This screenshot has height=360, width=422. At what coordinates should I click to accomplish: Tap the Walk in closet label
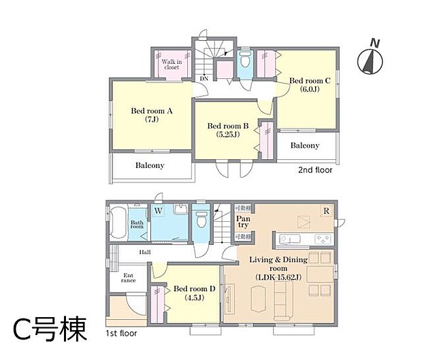[171, 65]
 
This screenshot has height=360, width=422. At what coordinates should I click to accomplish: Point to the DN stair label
[204, 78]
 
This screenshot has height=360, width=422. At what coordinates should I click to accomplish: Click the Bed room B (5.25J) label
[228, 130]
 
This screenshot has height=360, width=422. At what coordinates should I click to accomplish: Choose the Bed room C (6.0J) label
[310, 84]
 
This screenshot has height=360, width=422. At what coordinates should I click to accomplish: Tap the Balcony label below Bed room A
[149, 165]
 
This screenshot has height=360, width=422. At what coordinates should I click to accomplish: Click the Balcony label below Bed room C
[305, 146]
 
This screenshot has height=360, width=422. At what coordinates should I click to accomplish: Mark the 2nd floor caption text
[315, 170]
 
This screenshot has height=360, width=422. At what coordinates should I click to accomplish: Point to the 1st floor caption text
[120, 334]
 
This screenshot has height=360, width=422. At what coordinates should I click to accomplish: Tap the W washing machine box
[158, 211]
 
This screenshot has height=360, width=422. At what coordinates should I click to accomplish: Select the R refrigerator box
[327, 211]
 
